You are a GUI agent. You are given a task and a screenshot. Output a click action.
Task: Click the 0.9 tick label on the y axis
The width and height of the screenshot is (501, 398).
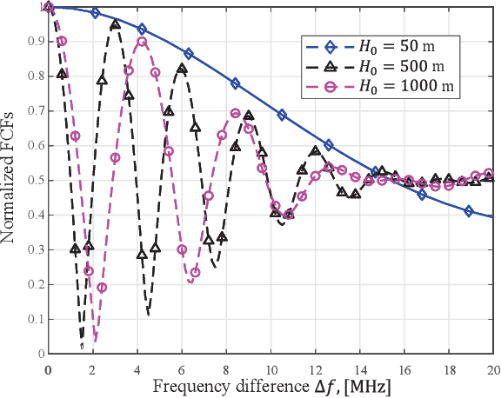36,41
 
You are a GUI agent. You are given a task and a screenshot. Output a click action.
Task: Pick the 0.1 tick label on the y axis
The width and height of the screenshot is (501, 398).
36,319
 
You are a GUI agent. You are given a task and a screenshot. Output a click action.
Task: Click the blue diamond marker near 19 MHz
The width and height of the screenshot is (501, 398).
469,211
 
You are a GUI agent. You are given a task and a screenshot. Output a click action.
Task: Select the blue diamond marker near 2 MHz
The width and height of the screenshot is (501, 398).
95,13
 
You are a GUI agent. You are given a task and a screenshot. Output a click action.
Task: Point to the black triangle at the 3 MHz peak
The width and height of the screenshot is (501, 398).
115,25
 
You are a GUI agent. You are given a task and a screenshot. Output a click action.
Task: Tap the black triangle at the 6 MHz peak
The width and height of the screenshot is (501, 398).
182,69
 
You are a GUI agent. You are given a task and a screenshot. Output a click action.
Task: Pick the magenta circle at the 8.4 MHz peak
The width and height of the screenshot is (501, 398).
235,113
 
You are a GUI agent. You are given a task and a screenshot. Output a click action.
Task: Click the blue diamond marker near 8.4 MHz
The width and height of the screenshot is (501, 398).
235,83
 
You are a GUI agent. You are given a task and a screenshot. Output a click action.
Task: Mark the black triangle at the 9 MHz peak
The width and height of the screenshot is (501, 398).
249,116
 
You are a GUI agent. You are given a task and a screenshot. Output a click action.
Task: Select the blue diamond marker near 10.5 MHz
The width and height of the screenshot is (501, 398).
282,115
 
